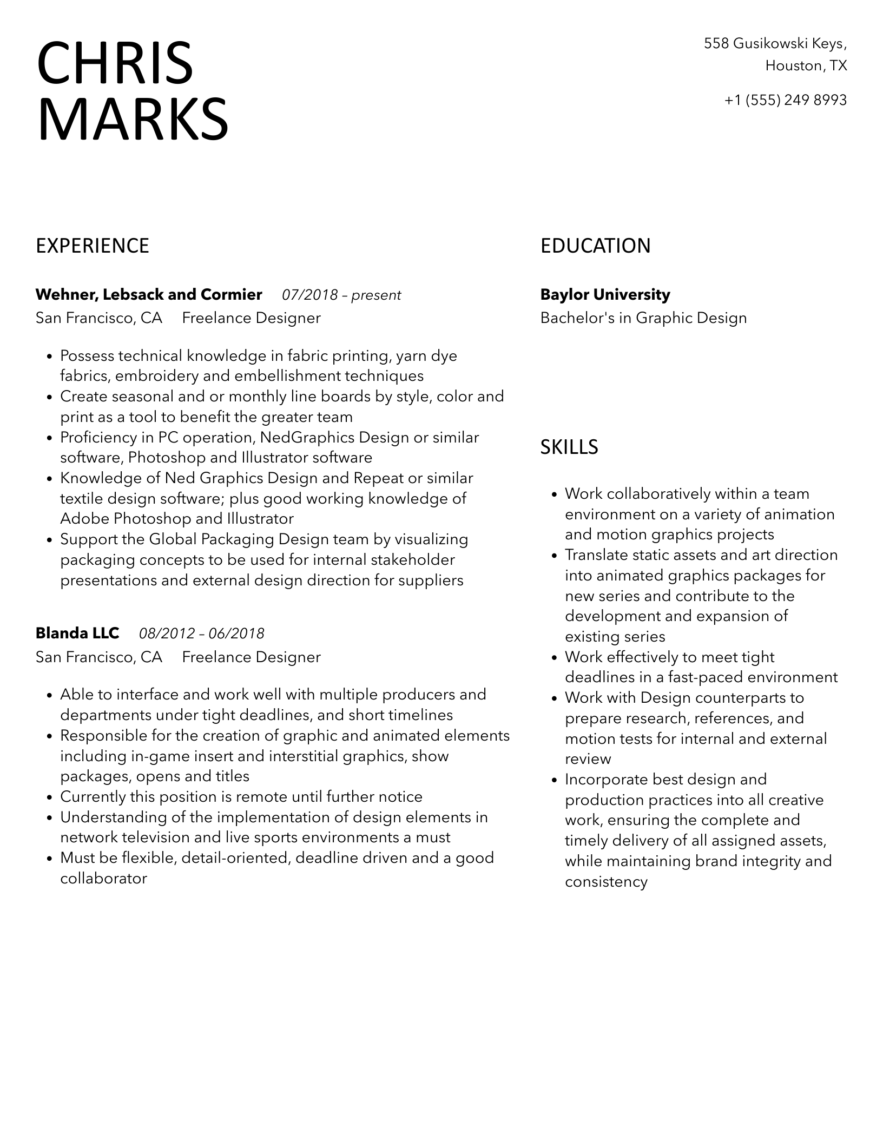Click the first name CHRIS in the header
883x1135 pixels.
pos(115,63)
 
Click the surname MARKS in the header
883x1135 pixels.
pos(133,120)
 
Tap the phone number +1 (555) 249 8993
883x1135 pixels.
pos(785,100)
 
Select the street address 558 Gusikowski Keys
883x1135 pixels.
pos(775,43)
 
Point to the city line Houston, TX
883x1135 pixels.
pos(806,66)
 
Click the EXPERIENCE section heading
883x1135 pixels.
pos(93,246)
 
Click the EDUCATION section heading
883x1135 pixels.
pos(595,246)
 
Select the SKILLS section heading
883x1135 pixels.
pos(569,447)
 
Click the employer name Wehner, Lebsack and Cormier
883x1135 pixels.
pos(149,295)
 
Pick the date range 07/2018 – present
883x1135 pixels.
pos(341,295)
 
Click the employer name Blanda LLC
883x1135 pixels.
pos(77,633)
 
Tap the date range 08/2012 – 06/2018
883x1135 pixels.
pos(202,634)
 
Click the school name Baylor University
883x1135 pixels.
pos(605,295)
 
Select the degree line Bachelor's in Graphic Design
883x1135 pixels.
pos(643,318)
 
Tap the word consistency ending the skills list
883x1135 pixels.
pos(606,882)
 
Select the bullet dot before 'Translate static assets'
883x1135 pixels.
pos(554,556)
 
